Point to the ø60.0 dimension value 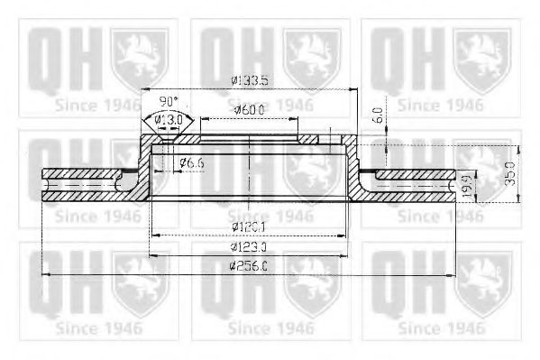(x=249, y=109)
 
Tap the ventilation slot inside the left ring (x=81, y=187)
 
